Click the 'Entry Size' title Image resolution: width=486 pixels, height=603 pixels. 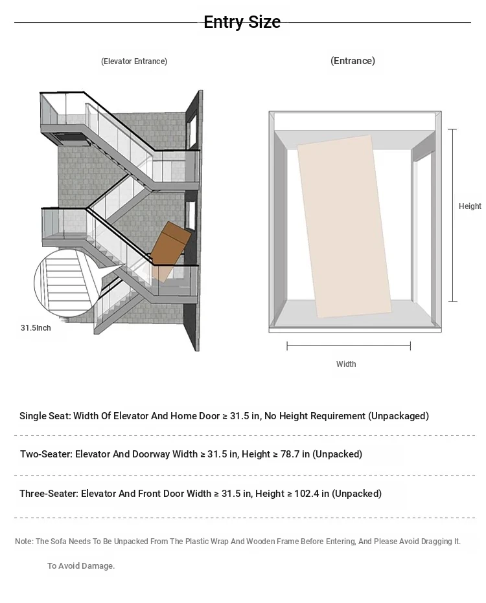click(242, 22)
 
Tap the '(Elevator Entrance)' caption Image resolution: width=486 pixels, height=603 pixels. click(134, 61)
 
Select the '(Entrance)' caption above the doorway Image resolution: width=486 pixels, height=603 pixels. click(353, 61)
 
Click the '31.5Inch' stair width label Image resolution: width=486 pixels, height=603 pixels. click(36, 328)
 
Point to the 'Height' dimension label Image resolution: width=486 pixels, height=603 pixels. click(470, 206)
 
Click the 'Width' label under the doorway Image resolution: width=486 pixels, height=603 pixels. click(346, 364)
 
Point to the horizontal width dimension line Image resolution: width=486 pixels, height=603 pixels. click(349, 346)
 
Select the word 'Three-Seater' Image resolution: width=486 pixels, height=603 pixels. click(49, 494)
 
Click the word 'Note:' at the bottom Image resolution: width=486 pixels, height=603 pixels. click(24, 542)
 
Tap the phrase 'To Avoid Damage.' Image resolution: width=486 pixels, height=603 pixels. click(81, 566)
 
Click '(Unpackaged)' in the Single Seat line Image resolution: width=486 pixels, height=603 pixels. click(399, 416)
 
